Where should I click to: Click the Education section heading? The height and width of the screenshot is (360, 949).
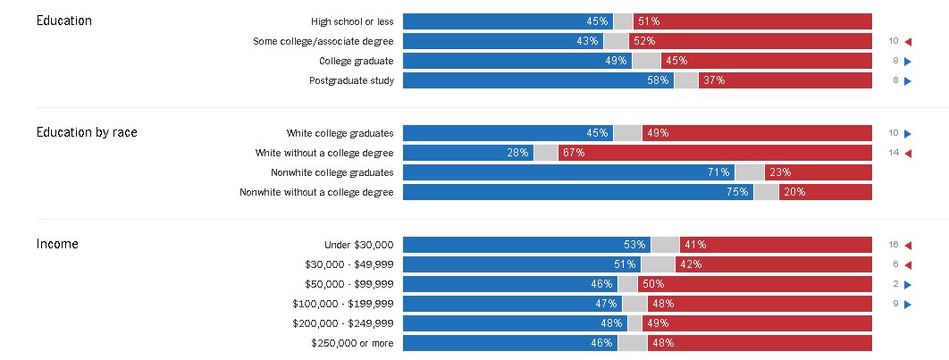64,21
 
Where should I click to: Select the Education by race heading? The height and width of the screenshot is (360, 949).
87,132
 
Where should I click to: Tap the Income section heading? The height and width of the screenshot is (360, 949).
57,244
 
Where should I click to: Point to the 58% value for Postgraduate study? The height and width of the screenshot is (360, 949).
659,81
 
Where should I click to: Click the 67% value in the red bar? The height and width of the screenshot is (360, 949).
574,153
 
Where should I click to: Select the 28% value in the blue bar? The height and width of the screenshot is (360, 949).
517,153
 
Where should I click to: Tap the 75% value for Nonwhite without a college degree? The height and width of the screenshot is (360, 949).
738,192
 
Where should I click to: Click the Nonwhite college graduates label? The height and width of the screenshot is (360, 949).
332,172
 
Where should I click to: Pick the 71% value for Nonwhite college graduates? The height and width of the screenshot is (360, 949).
719,172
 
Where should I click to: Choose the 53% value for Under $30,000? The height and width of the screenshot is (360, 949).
635,245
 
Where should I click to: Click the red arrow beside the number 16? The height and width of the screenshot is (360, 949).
907,245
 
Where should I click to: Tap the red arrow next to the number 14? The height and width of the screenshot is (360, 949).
907,153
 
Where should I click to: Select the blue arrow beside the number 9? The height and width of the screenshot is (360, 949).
907,304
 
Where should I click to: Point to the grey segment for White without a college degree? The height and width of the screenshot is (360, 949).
545,153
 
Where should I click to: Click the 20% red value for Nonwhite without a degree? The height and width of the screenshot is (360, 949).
794,192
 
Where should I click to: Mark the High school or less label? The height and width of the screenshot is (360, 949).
352,21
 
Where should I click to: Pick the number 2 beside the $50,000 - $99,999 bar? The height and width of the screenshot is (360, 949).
894,284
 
